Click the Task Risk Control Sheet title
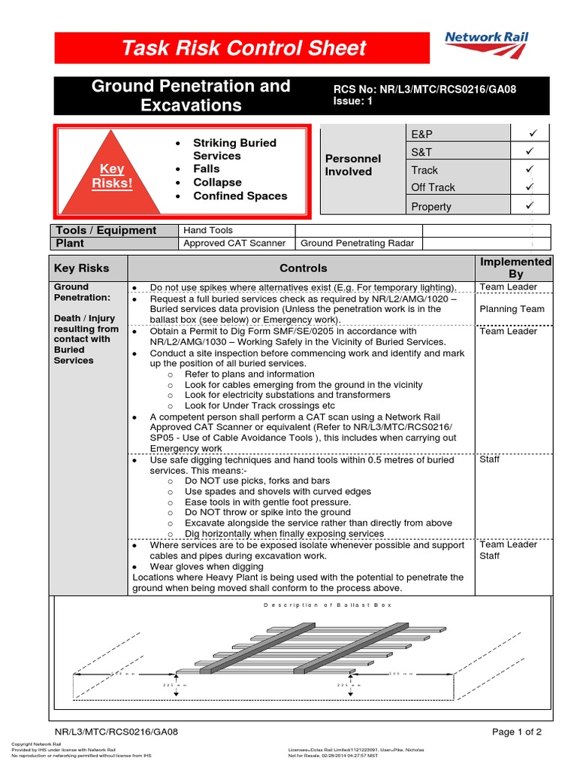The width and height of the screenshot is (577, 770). (x=244, y=48)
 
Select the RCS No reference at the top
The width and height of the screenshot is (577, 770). (x=424, y=89)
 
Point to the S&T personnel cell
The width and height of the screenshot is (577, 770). (x=422, y=151)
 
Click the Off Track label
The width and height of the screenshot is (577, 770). (x=433, y=187)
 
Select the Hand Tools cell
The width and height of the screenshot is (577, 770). (x=208, y=230)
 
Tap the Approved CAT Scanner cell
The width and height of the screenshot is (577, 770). (x=234, y=243)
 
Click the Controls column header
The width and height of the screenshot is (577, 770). (x=304, y=268)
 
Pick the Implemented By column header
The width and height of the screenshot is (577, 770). (x=515, y=268)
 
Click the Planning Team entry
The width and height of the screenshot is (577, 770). (x=512, y=308)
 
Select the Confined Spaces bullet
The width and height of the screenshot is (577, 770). (x=240, y=196)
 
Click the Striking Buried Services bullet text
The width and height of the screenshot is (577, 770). (x=234, y=149)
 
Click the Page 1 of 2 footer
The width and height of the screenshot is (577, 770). (x=516, y=732)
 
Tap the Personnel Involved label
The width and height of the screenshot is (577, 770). (x=352, y=165)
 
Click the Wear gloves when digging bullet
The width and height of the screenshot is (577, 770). (x=207, y=566)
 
